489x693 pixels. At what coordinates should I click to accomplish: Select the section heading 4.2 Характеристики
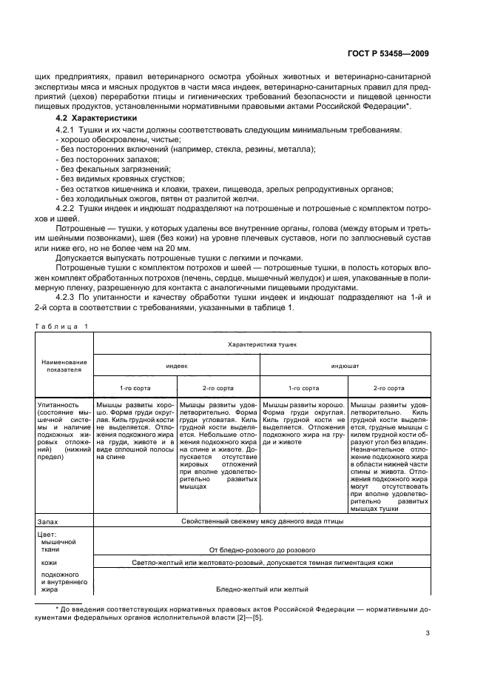96,118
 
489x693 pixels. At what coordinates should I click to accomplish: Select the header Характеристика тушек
262,344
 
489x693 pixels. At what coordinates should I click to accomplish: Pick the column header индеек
176,366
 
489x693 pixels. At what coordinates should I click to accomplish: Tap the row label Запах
48,521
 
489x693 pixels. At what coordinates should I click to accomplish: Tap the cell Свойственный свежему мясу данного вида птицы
262,521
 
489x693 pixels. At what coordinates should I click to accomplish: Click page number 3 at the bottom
428,632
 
